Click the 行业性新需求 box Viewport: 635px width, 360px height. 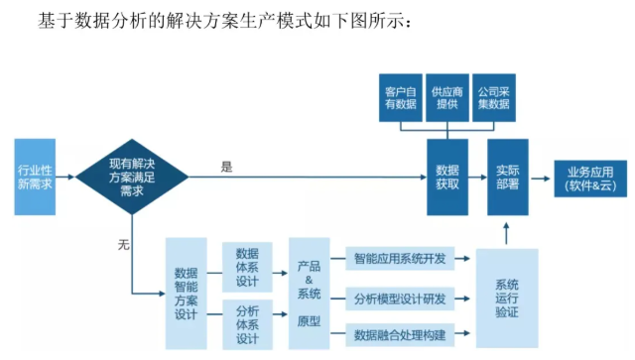point(35,177)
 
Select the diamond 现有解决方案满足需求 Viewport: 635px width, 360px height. point(132,176)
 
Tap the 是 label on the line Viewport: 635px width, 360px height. point(226,167)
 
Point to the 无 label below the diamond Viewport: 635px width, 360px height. point(123,243)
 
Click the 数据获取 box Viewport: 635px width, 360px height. point(447,177)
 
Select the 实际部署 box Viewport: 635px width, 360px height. point(507,177)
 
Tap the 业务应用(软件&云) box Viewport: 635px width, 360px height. point(590,177)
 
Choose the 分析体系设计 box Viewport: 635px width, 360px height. point(247,323)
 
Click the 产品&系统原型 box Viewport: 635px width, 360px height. point(309,294)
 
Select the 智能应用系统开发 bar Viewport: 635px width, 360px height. point(399,260)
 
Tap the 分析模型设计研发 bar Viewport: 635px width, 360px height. point(399,298)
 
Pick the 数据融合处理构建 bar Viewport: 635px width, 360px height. point(399,332)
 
